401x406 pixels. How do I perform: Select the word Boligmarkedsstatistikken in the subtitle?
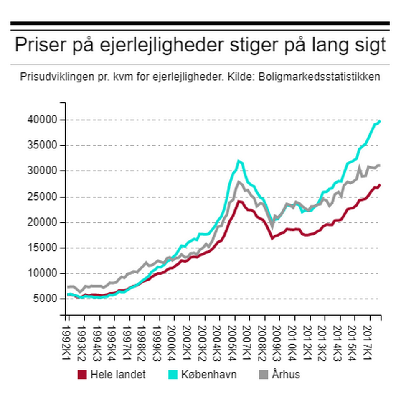(319, 77)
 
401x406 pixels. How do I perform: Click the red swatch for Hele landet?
(82, 375)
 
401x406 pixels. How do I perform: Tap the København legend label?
(209, 375)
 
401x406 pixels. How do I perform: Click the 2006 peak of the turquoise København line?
(239, 161)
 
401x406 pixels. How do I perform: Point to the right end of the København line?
(380, 121)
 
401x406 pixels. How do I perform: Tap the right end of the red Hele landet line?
(380, 185)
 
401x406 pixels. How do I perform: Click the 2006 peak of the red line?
(239, 201)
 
